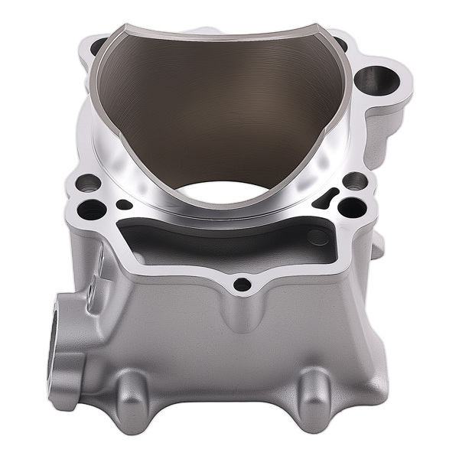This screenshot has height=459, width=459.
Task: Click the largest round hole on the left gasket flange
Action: coord(92,209)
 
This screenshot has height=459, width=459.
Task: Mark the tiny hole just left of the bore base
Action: coord(123,204)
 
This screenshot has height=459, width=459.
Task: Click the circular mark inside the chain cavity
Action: coord(318,237)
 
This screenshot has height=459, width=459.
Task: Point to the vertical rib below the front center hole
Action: coord(241,314)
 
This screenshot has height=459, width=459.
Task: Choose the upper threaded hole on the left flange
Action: coord(88,182)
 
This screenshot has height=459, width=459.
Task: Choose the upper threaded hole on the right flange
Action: coord(354,181)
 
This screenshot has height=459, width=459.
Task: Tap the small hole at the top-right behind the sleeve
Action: coord(340,44)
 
